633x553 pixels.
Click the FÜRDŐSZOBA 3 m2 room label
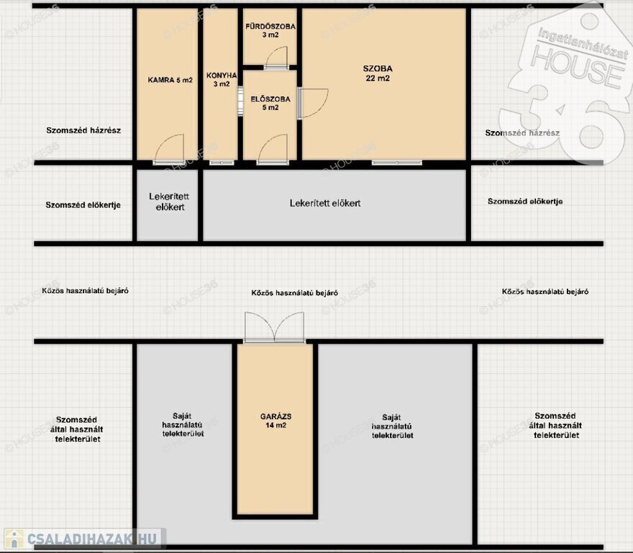coord(270,31)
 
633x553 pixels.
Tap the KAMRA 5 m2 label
coord(170,80)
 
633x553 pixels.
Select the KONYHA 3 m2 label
coord(222,80)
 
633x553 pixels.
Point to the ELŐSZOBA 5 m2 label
coord(270,103)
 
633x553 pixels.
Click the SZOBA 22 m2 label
coord(378,73)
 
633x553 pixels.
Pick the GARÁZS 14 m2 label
coord(275,421)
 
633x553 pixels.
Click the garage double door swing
coord(275,328)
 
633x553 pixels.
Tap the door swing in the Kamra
coord(170,149)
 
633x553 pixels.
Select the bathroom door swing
coord(276,58)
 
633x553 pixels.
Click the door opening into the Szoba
coord(313,103)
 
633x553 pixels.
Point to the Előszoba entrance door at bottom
coord(273,149)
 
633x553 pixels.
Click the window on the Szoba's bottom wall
coord(397,163)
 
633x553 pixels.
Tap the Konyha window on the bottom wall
coord(222,163)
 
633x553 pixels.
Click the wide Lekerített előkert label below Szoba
coord(325,203)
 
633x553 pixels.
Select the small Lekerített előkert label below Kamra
coord(169,202)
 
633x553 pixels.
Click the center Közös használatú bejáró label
coord(294,292)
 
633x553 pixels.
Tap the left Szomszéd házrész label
coord(83,130)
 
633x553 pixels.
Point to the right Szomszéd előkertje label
coord(525,202)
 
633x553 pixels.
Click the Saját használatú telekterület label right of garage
coord(392,426)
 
